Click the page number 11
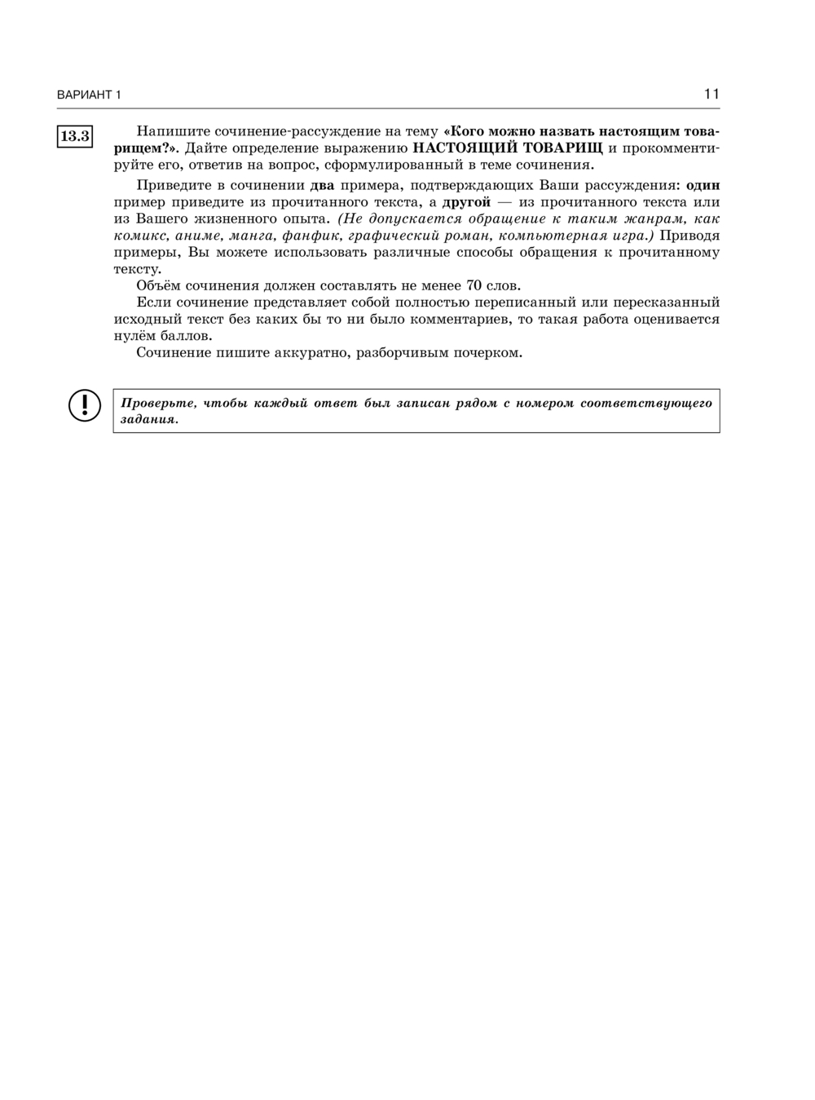(711, 94)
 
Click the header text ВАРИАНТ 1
(89, 95)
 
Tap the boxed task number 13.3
(75, 136)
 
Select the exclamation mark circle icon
(85, 406)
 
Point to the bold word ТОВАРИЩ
(562, 148)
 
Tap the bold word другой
(466, 202)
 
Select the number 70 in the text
(474, 285)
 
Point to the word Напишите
(167, 131)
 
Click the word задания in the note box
(148, 419)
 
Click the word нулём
(133, 335)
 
